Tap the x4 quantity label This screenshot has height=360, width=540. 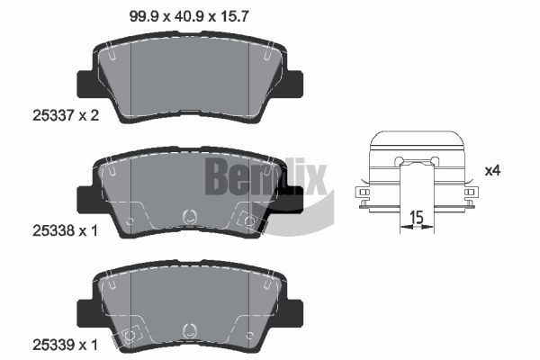click(492, 170)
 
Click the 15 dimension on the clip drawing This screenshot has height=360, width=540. click(417, 216)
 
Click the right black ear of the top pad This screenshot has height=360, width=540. click(292, 83)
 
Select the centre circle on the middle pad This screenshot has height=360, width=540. click(189, 217)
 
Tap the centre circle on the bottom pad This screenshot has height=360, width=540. click(189, 330)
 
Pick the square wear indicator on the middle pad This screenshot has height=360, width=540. click(247, 218)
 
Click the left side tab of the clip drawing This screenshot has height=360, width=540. click(364, 193)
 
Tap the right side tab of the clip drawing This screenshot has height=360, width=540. click(469, 193)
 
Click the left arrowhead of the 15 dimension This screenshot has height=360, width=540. click(402, 229)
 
